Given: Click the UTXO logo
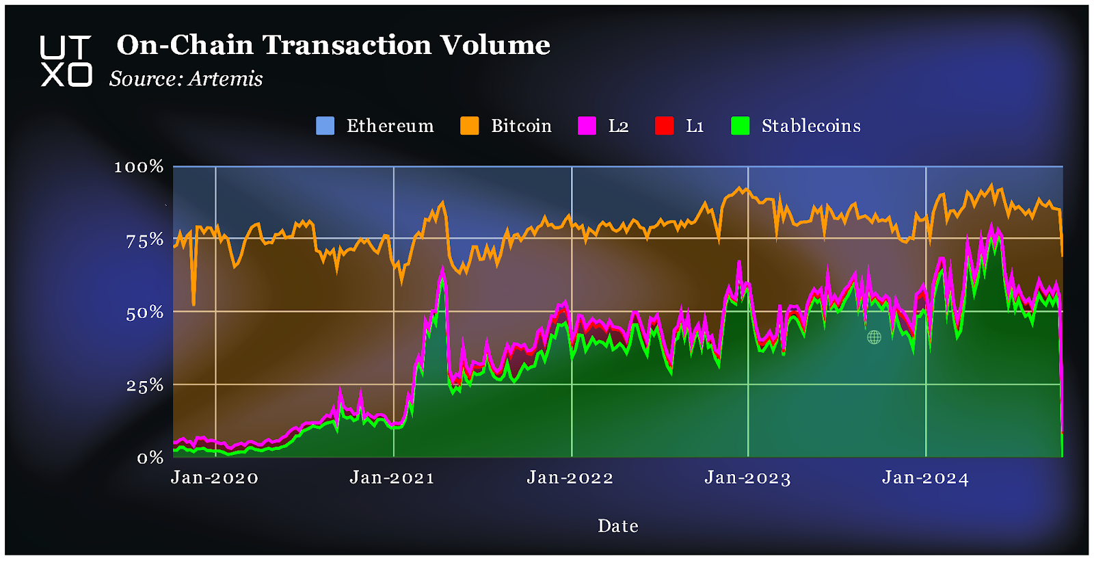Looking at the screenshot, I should tap(66, 62).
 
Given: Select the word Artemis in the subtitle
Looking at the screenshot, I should tap(226, 79).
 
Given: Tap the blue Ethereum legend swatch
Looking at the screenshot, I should tap(325, 126).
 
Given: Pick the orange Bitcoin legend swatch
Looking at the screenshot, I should tap(470, 126).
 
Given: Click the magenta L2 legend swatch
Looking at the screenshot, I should tap(587, 126).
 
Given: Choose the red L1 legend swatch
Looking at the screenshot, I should tap(664, 126).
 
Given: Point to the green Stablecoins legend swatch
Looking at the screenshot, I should tap(741, 126).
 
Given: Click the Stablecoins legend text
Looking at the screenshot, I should tap(811, 126).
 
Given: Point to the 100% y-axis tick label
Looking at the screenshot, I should tap(139, 167).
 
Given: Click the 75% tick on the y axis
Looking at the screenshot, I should tap(145, 240).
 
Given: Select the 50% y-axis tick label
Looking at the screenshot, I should tap(145, 313).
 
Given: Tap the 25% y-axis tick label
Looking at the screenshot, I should tap(145, 385).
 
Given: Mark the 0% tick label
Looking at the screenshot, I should tap(150, 458).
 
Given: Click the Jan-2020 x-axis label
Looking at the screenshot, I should tap(215, 477).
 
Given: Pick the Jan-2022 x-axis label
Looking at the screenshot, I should tap(570, 477).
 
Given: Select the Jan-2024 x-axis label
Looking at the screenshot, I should tap(926, 477).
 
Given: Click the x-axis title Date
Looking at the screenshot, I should tap(618, 526).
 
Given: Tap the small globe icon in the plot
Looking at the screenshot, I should tap(874, 337).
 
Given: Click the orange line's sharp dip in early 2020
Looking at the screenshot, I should tap(194, 303).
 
